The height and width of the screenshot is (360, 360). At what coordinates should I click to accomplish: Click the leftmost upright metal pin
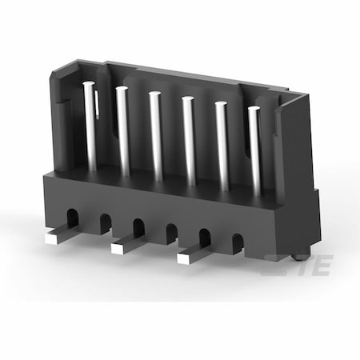pyautogui.click(x=90, y=126)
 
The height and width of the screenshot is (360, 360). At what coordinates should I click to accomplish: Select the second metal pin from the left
pyautogui.click(x=123, y=131)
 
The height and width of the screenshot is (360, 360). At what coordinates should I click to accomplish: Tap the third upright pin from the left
pyautogui.click(x=156, y=136)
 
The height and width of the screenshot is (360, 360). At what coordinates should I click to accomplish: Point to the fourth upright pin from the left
pyautogui.click(x=189, y=142)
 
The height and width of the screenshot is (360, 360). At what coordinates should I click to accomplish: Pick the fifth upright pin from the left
pyautogui.click(x=222, y=146)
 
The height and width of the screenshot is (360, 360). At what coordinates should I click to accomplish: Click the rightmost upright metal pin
pyautogui.click(x=255, y=151)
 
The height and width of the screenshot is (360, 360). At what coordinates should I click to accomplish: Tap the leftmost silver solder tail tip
pyautogui.click(x=51, y=238)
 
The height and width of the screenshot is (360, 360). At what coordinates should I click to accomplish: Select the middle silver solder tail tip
pyautogui.click(x=117, y=249)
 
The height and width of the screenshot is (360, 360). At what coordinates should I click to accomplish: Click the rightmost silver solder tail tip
pyautogui.click(x=183, y=259)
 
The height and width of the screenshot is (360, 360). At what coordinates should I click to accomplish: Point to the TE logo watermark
pyautogui.click(x=298, y=265)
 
